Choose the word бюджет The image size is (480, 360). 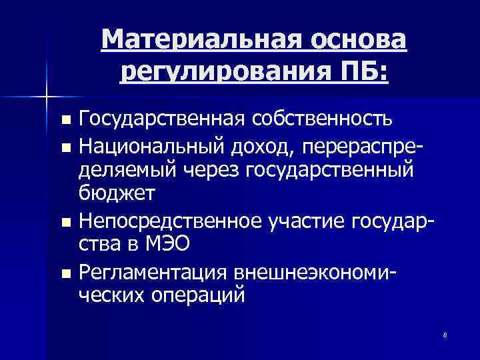(x=117, y=194)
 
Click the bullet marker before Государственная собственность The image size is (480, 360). (x=65, y=121)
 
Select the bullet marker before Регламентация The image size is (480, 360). (x=65, y=271)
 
